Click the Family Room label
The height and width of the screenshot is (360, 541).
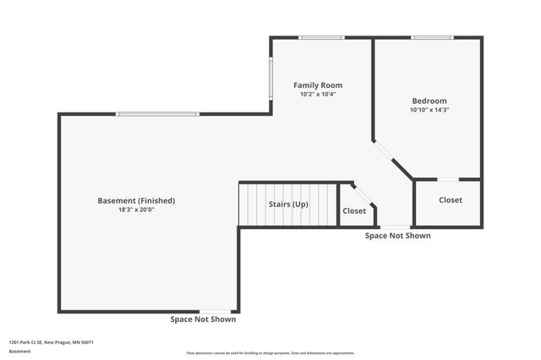[x=318, y=85]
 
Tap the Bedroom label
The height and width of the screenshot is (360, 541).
[x=429, y=101]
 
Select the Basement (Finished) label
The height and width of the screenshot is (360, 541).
[x=137, y=200]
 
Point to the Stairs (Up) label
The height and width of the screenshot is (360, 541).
[x=288, y=205]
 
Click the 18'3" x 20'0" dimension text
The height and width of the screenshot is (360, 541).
[x=137, y=210]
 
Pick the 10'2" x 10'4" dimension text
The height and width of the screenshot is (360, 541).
[x=318, y=95]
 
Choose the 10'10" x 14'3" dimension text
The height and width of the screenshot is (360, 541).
[x=429, y=110]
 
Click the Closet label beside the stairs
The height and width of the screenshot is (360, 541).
[x=353, y=210]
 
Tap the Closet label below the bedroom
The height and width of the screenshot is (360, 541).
[x=451, y=200]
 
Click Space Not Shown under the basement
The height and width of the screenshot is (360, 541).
[x=203, y=319]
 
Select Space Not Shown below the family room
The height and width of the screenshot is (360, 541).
[x=397, y=236]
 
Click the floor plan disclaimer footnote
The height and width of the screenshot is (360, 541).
[x=270, y=353]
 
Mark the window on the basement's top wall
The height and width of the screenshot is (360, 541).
[x=158, y=114]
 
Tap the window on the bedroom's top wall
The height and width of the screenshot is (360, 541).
[x=432, y=37]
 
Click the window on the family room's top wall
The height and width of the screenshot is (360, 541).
[x=321, y=37]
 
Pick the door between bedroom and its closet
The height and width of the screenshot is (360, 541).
[x=448, y=179]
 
